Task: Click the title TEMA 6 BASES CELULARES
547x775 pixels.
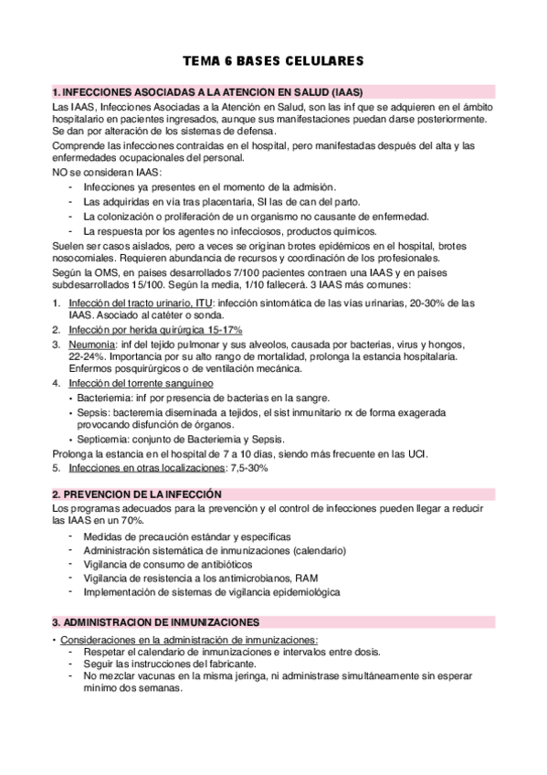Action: coord(274,61)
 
